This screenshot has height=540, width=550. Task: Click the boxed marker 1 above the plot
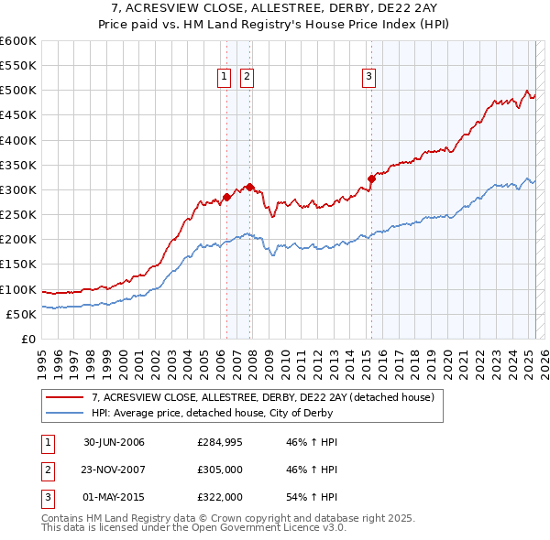[225, 78]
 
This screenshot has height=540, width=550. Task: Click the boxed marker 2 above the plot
[247, 78]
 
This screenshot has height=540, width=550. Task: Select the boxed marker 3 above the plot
[368, 78]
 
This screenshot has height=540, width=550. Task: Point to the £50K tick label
[22, 314]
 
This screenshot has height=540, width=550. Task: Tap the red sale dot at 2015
[371, 178]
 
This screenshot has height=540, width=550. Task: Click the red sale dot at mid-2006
[226, 197]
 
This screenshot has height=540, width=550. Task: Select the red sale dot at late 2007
[249, 187]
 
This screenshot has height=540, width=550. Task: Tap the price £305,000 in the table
[220, 470]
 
